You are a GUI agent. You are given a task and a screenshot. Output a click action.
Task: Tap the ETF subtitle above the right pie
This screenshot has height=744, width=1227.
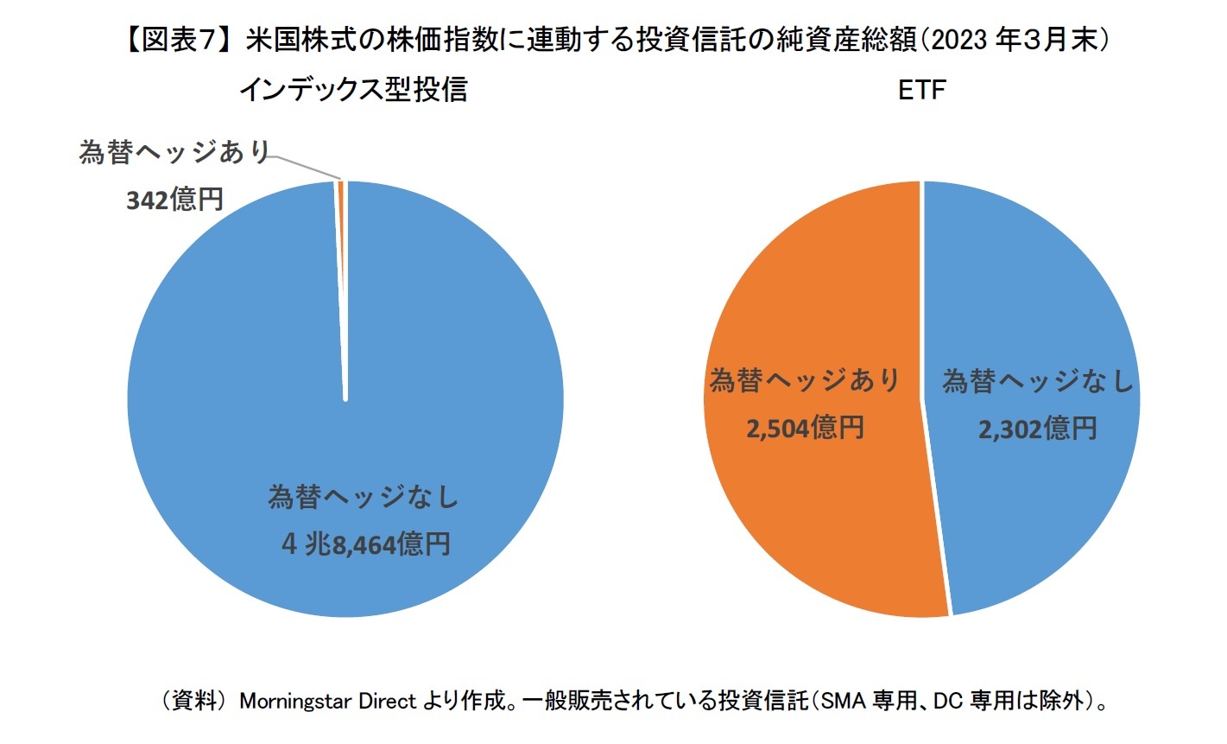coord(921,89)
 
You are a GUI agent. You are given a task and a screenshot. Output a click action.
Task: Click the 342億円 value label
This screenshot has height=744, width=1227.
coord(175,200)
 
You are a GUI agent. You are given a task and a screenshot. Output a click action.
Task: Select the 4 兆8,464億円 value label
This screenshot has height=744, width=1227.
coord(365,544)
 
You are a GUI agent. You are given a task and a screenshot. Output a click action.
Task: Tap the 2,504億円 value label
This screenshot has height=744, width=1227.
coord(804,428)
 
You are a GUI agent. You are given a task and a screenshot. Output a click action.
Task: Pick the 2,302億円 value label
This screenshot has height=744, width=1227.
coord(1037,428)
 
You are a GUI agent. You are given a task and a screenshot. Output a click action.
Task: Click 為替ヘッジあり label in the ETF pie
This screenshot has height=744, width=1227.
coord(804,380)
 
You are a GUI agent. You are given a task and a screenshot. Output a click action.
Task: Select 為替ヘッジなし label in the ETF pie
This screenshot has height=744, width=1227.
coord(1037,380)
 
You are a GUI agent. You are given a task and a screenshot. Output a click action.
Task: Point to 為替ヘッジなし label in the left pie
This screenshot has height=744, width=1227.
coord(363,497)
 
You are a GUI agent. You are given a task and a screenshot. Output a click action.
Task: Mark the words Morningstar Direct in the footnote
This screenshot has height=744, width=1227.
coord(328,701)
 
